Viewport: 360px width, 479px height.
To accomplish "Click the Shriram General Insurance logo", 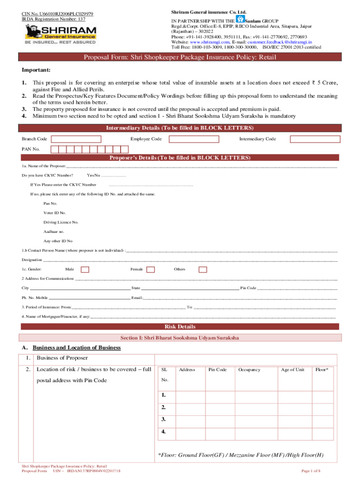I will tap(59, 34).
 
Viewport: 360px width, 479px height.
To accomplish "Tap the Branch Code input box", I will tap(76, 139).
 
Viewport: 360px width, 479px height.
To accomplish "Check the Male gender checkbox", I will tap(85, 269).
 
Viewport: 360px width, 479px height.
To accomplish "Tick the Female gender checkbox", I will tap(150, 269).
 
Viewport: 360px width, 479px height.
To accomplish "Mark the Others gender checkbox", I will tap(202, 269).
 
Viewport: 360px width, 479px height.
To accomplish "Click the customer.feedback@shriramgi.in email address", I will tap(286, 42).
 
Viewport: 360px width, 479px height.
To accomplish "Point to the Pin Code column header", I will tap(217, 370).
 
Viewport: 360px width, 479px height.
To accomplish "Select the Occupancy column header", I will tap(249, 370).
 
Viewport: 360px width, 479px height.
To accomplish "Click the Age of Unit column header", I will tap(292, 370).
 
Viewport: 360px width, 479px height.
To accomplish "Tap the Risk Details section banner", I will tap(180, 327).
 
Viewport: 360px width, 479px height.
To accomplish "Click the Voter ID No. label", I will tap(55, 213).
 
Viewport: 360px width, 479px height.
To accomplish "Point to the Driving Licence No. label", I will tap(61, 222).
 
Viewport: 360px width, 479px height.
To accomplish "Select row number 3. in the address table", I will tap(164, 419).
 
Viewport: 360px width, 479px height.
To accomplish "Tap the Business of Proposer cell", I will tap(62, 358).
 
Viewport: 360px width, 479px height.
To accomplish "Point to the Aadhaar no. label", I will tap(54, 232).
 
